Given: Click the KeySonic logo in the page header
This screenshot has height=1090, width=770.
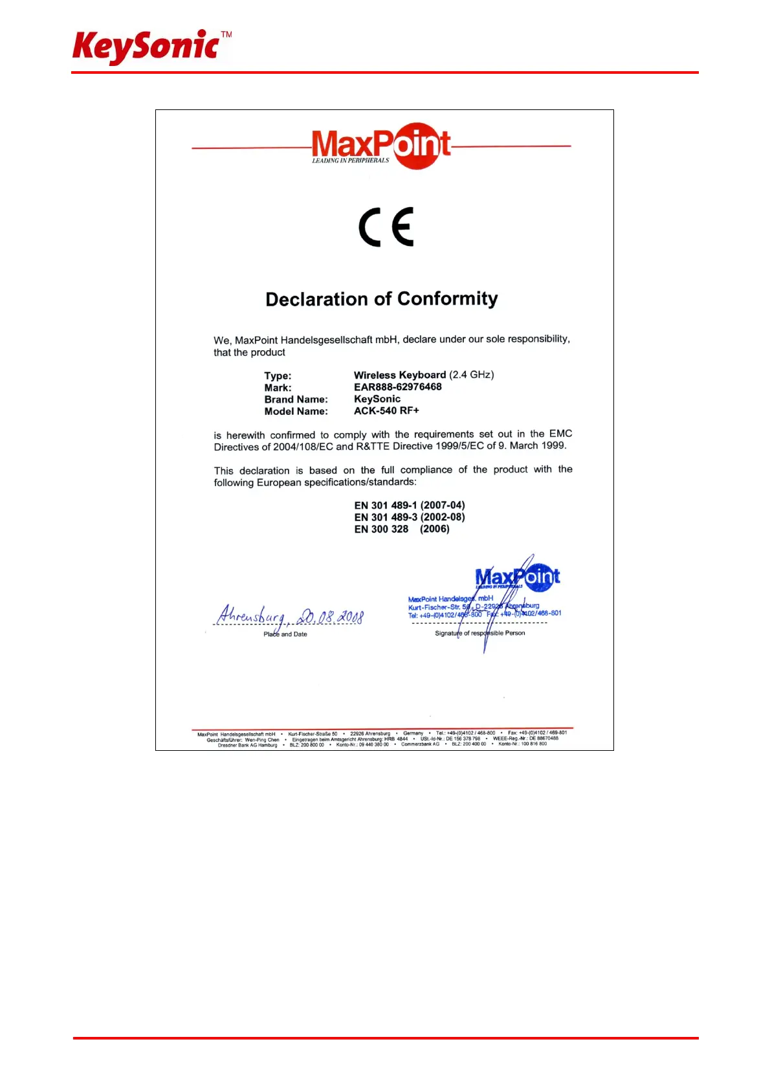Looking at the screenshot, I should pos(146,47).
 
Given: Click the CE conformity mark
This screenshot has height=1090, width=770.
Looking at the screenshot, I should pos(386,227).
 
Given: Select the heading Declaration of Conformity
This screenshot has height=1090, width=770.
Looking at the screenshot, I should pos(382,299).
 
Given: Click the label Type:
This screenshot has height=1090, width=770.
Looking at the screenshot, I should pos(278,376).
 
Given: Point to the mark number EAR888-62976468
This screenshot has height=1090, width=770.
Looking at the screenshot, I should pos(397,387).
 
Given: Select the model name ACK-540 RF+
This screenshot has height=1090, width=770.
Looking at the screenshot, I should pos(386,411).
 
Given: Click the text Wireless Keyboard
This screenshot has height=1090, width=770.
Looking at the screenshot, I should pos(400,375).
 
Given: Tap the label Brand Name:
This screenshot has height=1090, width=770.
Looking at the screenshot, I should pos(296,399).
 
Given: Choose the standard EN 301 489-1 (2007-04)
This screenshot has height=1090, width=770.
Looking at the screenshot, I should pos(409,506).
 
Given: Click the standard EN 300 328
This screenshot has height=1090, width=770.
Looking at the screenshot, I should pos(381,529).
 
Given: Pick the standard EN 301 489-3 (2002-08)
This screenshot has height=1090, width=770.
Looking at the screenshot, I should pos(409,517).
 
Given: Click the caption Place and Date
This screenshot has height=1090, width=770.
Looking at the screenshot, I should pos(285,634).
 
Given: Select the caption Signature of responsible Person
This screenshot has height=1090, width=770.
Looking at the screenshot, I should pos(479,633).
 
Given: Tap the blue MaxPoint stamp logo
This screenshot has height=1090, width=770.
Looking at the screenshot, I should pos(517,577).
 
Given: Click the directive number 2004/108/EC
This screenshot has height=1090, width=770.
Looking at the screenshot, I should pos(303,447).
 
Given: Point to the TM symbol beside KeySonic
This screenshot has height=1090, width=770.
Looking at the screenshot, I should pos(226,34).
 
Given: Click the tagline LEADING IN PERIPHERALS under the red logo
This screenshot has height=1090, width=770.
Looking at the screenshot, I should pos(351,161).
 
